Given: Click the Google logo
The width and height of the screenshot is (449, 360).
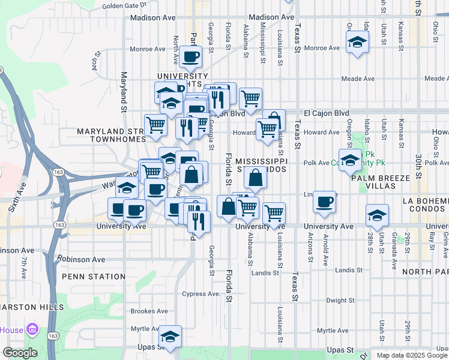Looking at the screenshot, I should pos(20,353).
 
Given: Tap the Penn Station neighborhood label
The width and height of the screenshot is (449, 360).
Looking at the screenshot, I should pos(93,277).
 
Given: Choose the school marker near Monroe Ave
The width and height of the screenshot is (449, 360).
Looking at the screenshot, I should pos(357,43).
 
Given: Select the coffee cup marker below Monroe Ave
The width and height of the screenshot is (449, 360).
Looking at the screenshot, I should pos(190,57).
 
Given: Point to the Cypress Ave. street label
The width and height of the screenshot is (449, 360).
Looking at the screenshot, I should pos(202,294).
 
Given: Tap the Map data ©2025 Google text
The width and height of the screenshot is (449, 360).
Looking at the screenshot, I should pos(412,355).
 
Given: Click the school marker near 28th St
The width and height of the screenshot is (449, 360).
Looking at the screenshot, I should pos(376,215).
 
